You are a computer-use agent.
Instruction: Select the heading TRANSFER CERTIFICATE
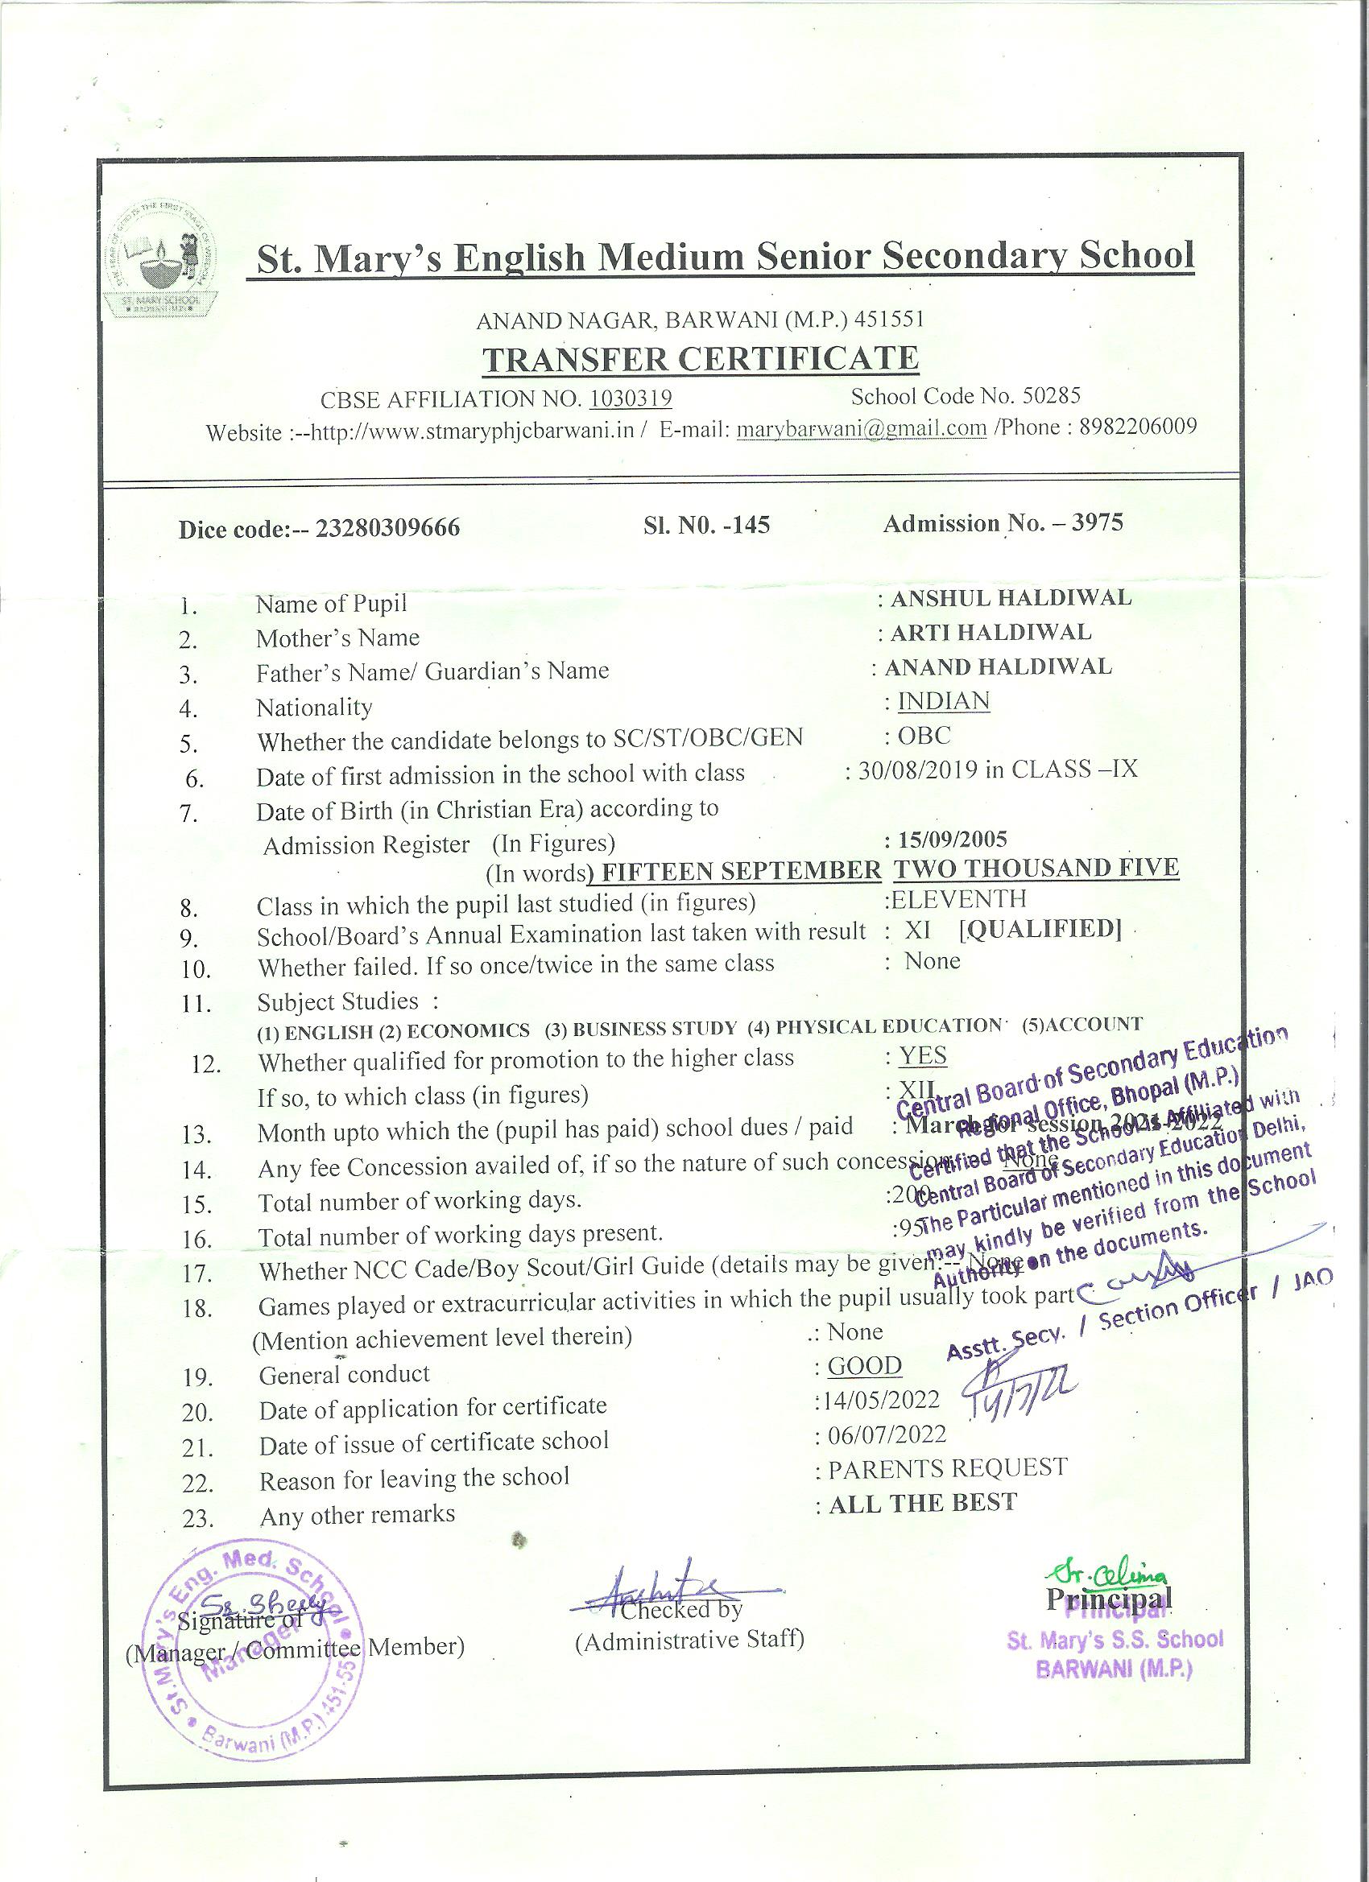pos(701,358)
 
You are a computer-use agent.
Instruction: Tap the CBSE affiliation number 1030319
pos(630,399)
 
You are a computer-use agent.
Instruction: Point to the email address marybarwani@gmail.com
pos(862,428)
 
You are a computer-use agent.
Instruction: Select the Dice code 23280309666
pos(387,529)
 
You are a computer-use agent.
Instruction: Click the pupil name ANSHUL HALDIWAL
pos(1011,597)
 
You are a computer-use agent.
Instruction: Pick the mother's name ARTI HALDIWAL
pos(991,633)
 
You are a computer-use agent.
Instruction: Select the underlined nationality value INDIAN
pos(944,701)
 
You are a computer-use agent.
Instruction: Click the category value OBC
pos(924,736)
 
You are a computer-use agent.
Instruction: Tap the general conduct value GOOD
pos(864,1367)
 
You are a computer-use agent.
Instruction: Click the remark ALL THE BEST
pos(922,1503)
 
